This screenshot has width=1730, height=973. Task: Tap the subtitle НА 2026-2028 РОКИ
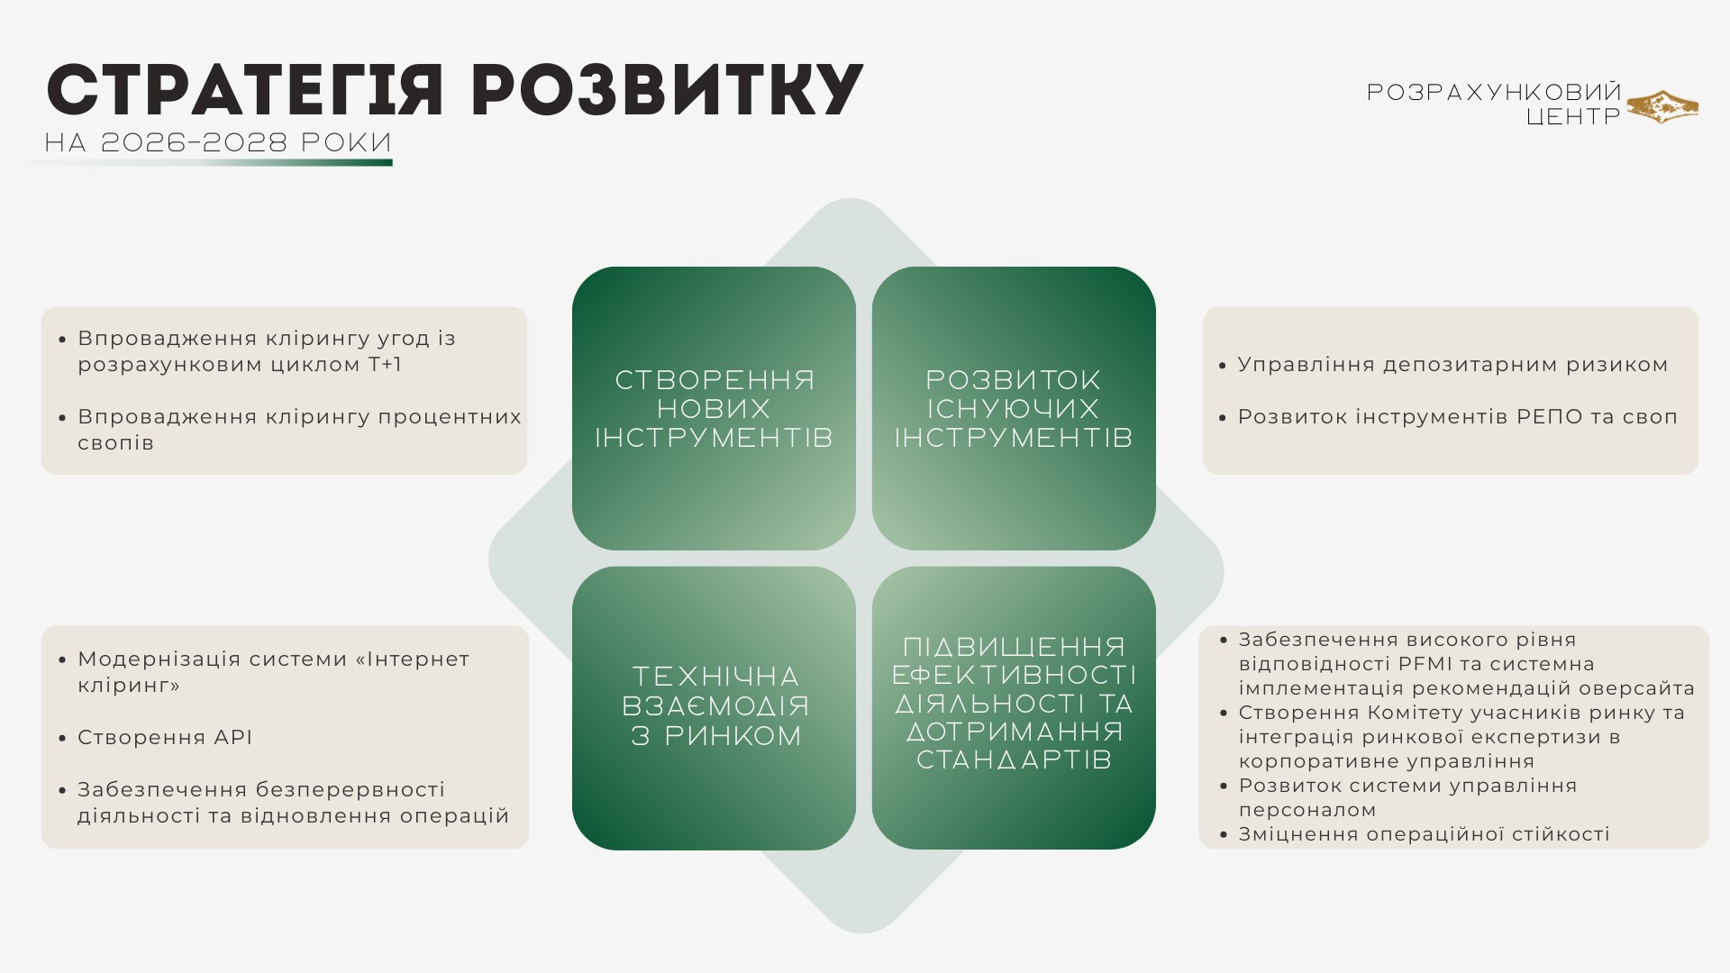click(218, 142)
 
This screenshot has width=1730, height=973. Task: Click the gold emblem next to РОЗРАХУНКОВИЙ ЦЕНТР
click(1662, 106)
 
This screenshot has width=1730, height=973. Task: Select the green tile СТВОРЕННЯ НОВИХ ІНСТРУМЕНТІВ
click(714, 408)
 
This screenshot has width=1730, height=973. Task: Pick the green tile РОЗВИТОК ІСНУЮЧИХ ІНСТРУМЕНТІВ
click(1014, 408)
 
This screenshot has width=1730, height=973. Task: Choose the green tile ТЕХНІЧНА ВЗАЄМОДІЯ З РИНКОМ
click(714, 708)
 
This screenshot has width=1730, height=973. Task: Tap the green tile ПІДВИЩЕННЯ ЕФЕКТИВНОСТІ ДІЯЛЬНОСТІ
click(1014, 708)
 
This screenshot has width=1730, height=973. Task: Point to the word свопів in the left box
click(115, 443)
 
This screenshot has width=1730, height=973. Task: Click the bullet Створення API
click(164, 737)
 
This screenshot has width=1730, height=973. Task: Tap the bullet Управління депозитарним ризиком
click(1452, 365)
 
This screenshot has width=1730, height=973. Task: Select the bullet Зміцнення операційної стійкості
click(1424, 834)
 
